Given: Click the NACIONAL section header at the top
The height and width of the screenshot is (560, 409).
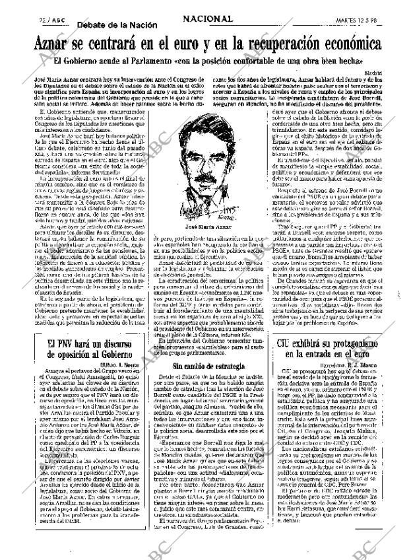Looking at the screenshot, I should tap(208, 20).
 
